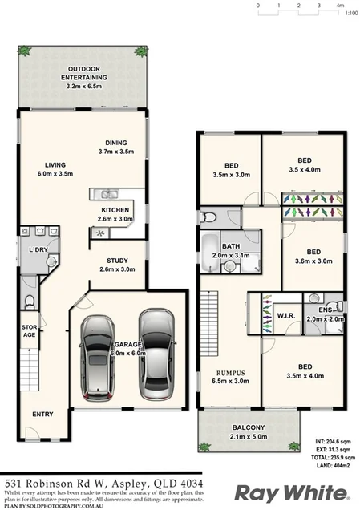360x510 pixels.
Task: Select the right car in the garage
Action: (x=156, y=354)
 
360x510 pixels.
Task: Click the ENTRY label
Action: (x=42, y=414)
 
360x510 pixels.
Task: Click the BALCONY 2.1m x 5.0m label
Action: (x=249, y=432)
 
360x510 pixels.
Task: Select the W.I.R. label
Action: (x=285, y=315)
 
